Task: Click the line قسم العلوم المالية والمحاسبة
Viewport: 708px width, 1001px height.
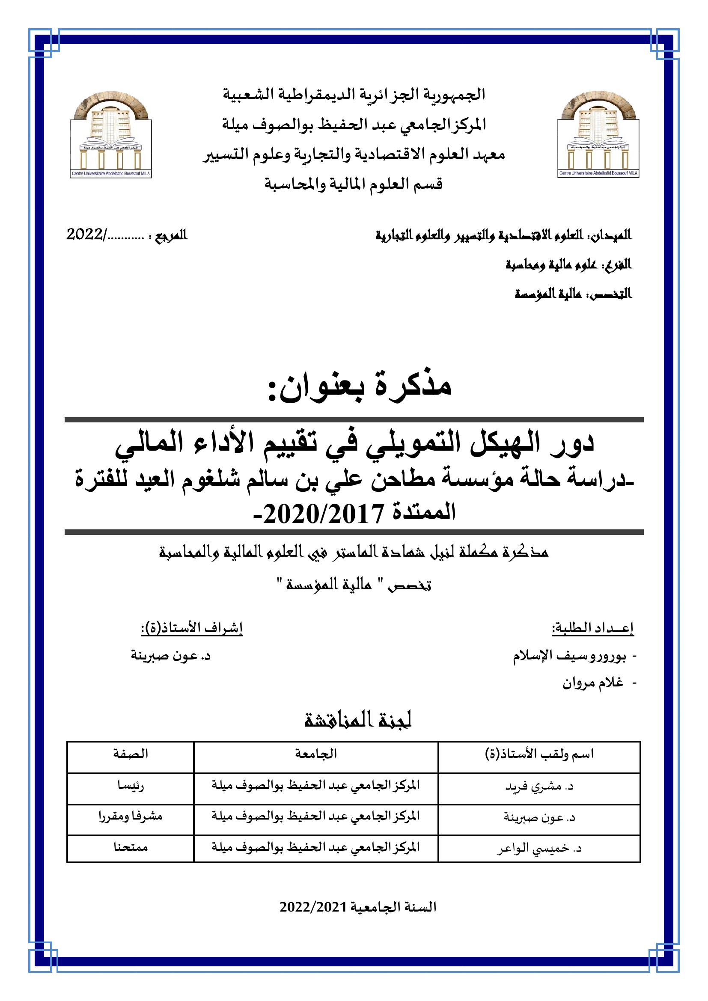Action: pos(354,184)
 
